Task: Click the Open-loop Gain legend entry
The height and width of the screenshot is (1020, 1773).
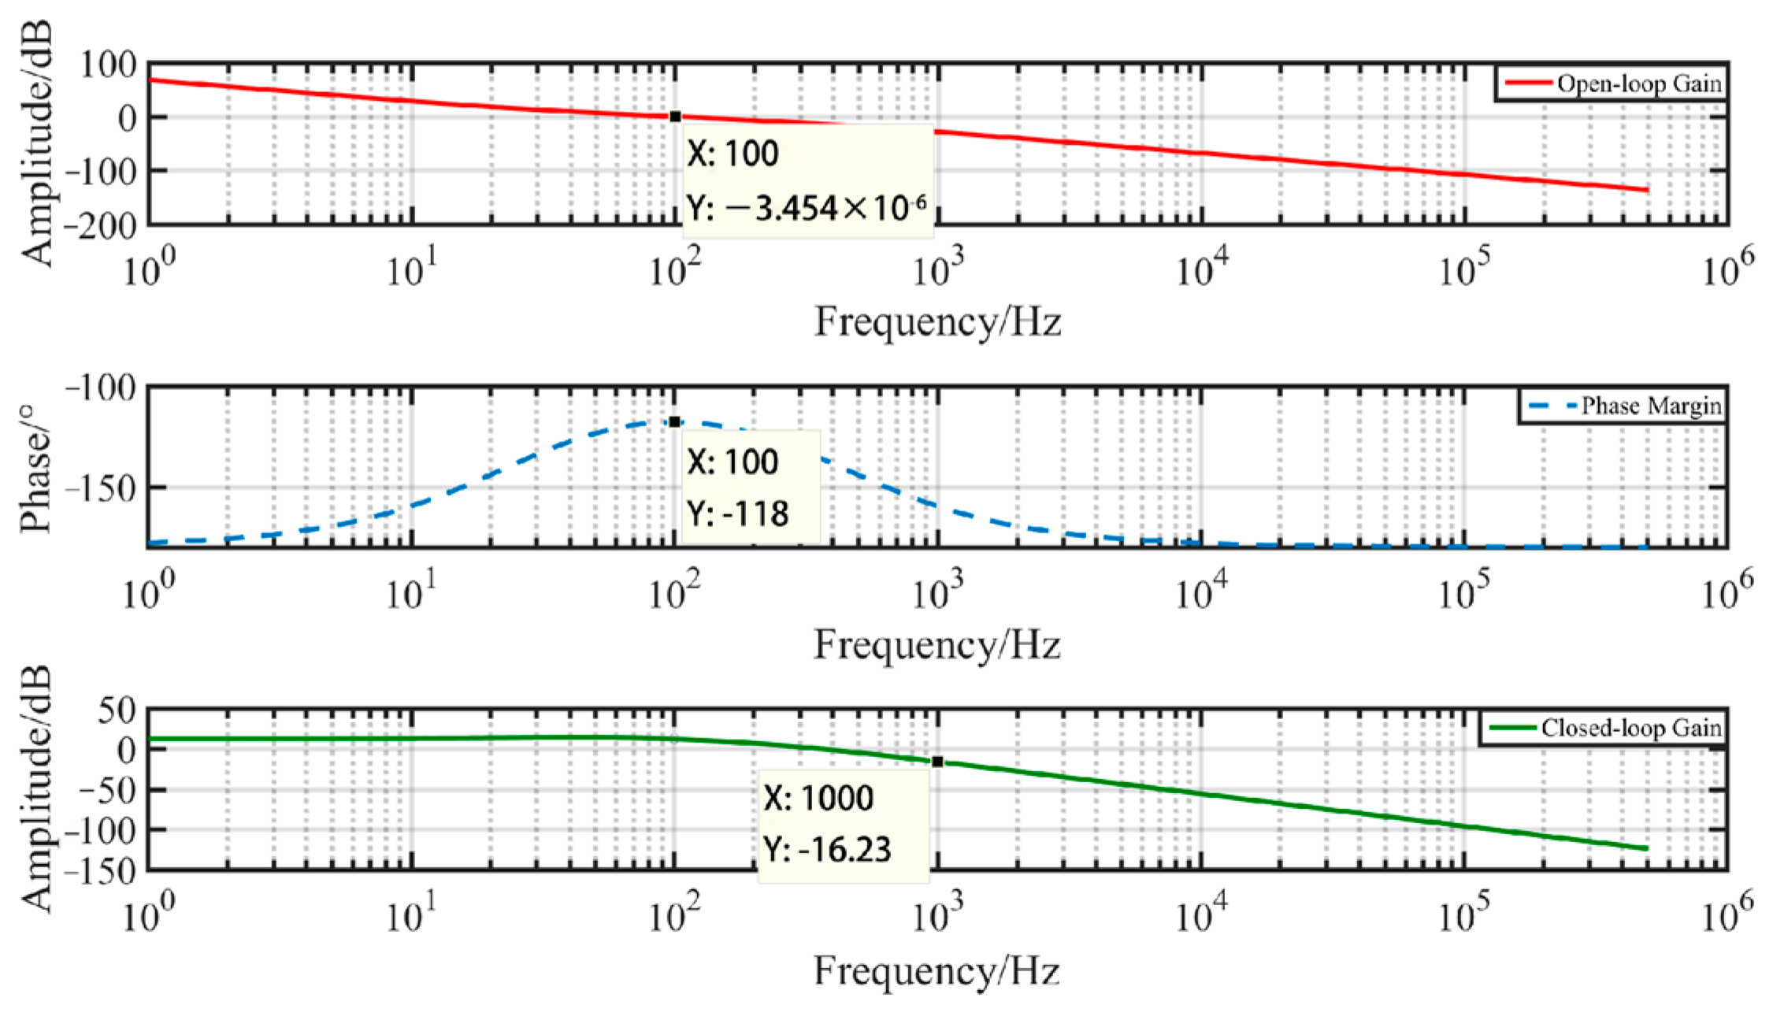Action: (1613, 83)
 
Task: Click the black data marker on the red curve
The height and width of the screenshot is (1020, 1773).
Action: (675, 117)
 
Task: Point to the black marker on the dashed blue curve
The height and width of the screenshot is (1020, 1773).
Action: (675, 422)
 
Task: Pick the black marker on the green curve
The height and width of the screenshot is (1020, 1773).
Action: (937, 762)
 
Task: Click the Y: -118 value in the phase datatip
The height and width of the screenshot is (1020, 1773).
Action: (737, 514)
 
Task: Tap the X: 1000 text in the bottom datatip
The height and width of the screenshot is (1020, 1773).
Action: (818, 799)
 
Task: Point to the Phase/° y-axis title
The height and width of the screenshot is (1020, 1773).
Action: (36, 469)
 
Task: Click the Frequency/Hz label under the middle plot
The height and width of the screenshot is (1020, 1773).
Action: (937, 645)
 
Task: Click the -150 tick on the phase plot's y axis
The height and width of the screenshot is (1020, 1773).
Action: (99, 489)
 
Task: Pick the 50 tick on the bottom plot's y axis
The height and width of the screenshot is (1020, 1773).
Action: (116, 710)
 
